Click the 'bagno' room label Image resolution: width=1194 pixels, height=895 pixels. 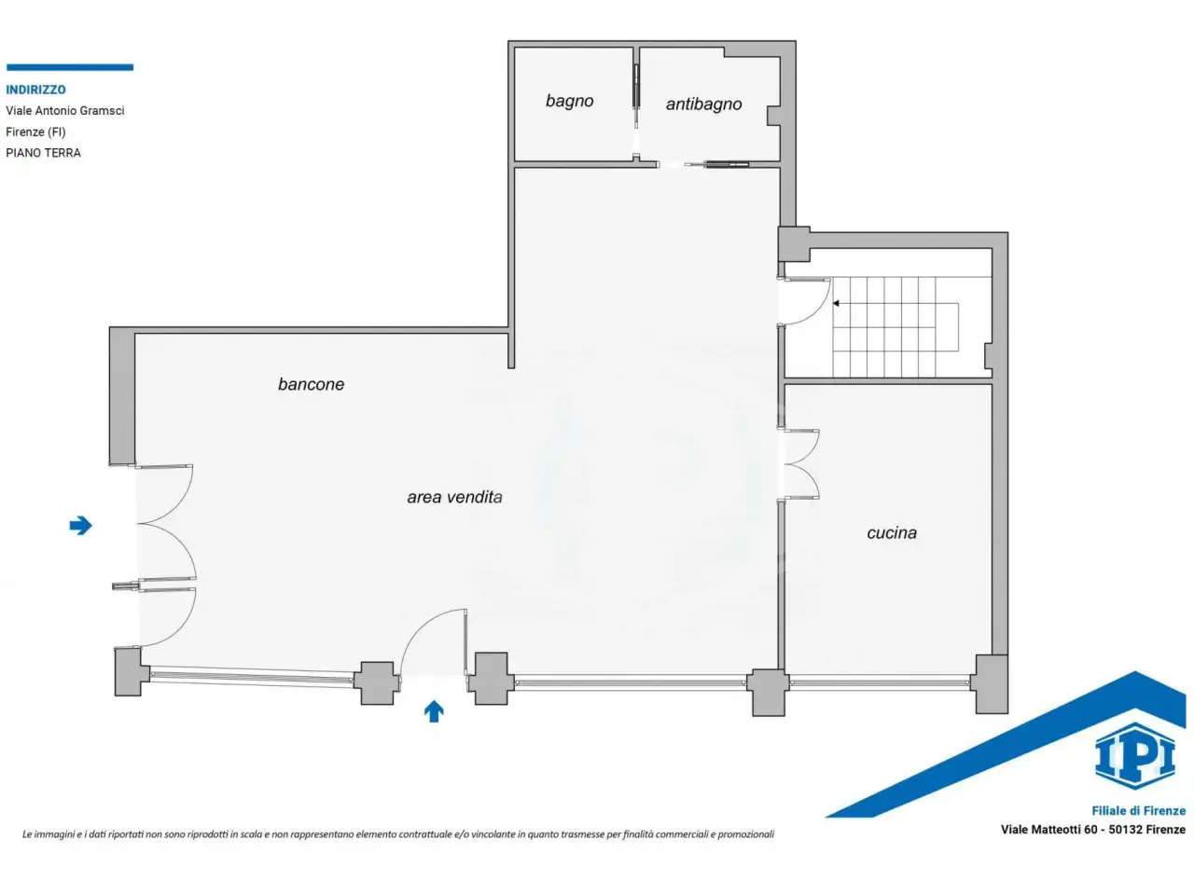(569, 102)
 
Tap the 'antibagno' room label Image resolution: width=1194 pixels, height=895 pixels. (703, 104)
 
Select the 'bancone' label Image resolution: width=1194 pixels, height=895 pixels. (311, 384)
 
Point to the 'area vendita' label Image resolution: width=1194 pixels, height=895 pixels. (454, 497)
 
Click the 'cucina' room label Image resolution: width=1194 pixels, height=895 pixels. (892, 532)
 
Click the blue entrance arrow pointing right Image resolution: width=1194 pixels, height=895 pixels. (80, 526)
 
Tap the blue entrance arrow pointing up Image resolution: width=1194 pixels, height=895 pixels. (434, 710)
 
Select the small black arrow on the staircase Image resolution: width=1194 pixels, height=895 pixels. (836, 303)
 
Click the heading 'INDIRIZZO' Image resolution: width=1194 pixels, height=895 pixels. (35, 89)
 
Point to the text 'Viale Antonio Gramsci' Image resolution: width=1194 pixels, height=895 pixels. (64, 111)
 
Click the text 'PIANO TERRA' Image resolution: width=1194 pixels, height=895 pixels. (43, 153)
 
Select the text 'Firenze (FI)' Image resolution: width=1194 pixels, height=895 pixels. (35, 132)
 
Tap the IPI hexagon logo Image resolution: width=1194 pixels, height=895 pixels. (1134, 756)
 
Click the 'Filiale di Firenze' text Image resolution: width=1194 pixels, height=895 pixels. (1139, 811)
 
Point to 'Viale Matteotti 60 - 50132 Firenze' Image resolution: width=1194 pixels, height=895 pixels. (1093, 830)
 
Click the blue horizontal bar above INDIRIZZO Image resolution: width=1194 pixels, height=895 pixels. (70, 67)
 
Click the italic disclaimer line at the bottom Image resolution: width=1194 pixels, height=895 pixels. (398, 834)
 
